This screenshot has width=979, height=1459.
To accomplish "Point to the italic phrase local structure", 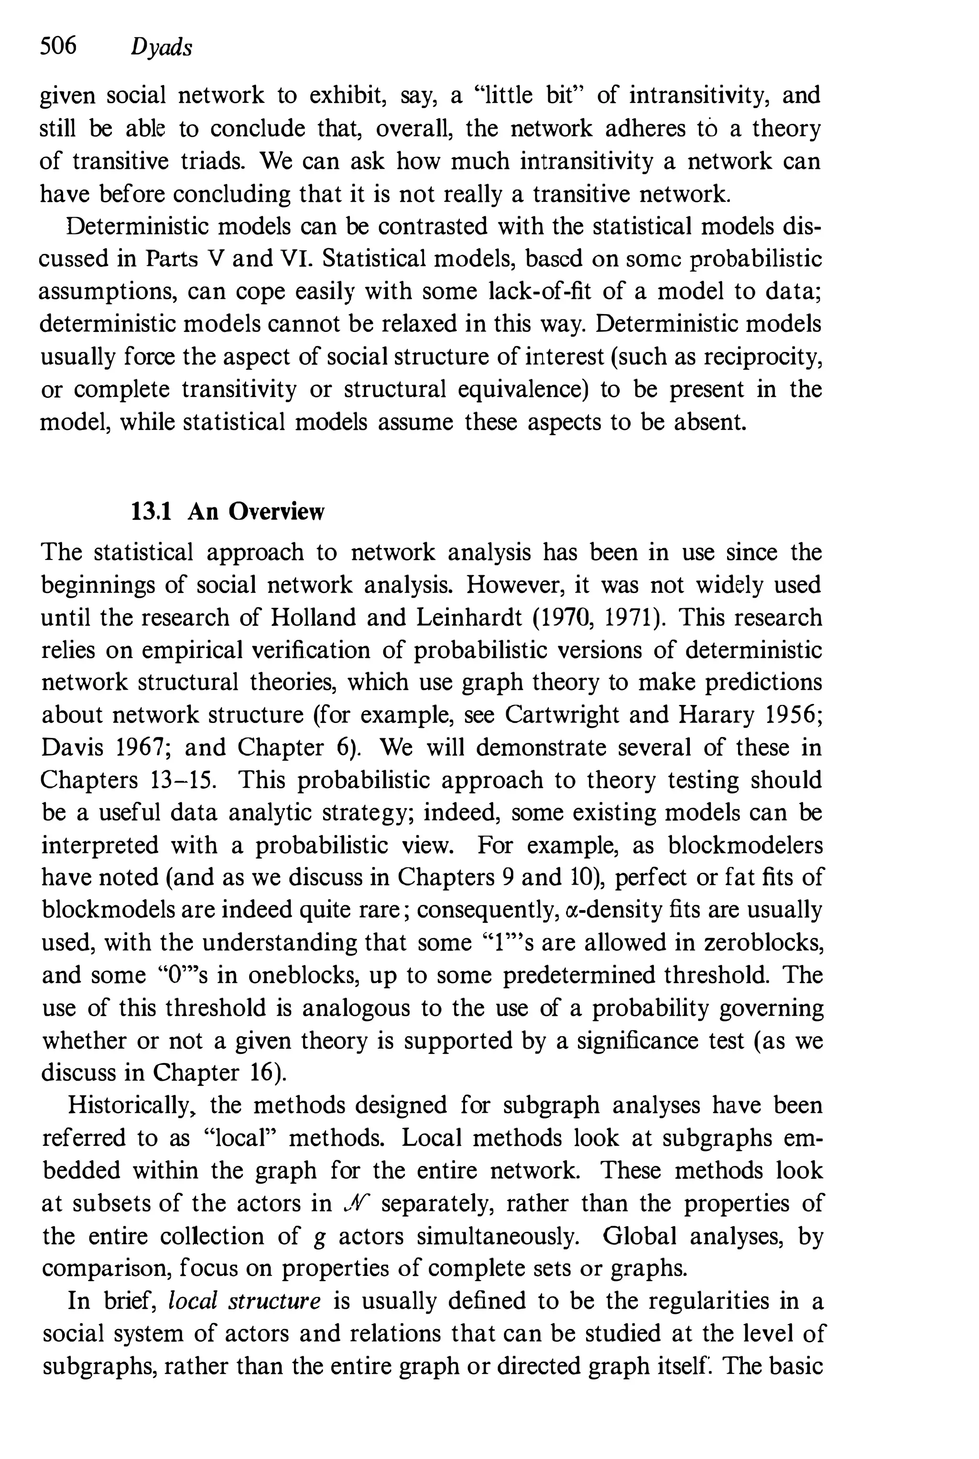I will (244, 1300).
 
